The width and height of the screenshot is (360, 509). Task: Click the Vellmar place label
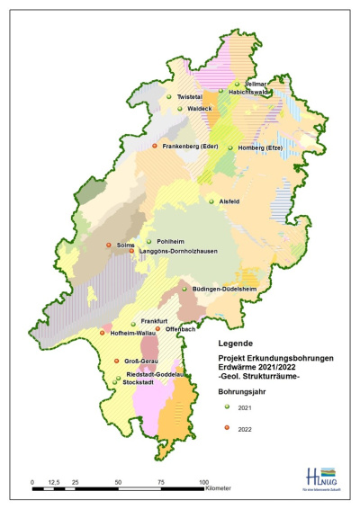pos(256,83)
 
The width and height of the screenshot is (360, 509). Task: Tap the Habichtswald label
pos(250,90)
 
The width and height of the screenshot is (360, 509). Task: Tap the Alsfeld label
pos(229,201)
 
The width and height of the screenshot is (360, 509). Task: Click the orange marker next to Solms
pos(109,245)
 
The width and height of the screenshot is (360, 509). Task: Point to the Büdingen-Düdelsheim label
pos(227,289)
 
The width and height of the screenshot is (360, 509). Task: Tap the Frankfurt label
pos(156,321)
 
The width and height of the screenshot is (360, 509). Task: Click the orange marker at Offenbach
pos(157,329)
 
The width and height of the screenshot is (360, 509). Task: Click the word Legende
pos(238,343)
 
